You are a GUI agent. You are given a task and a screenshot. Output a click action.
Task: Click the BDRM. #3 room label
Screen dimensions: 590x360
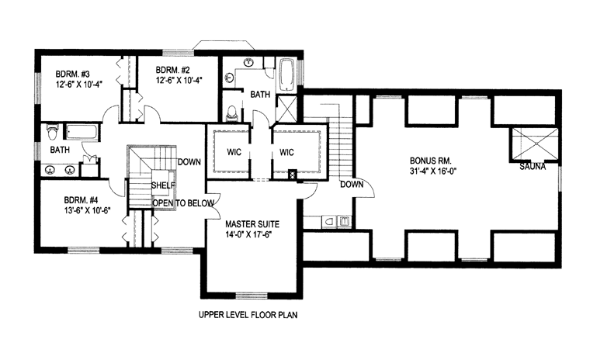73,74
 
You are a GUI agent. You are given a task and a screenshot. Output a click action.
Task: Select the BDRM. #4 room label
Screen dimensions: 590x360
82,199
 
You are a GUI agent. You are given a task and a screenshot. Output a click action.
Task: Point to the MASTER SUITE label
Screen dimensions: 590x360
252,224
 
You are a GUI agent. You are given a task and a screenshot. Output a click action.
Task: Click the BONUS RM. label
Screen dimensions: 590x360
430,161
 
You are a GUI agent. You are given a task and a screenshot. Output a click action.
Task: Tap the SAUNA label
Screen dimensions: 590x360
533,166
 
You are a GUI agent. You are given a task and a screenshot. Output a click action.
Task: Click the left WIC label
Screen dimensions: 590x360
234,152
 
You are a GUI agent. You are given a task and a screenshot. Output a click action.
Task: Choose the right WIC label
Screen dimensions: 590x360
286,152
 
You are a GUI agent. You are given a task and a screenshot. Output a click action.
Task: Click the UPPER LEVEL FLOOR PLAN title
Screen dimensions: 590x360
248,315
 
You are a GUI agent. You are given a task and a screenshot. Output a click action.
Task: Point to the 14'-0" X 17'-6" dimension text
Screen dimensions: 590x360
248,235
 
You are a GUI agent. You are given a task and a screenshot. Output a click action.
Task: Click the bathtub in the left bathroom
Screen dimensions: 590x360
82,133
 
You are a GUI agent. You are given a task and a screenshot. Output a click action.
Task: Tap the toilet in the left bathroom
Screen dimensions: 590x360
52,132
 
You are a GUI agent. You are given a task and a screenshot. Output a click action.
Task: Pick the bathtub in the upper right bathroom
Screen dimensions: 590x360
286,74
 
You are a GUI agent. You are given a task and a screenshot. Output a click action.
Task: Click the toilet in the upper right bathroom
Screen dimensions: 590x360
232,112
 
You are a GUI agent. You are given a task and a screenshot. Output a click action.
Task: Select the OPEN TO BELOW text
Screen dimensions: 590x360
183,203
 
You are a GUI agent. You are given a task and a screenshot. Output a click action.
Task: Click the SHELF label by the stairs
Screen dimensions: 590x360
163,185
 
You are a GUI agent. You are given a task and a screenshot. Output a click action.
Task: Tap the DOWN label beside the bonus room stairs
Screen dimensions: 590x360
352,185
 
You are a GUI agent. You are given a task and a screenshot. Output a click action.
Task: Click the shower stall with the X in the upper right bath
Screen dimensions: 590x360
286,108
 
